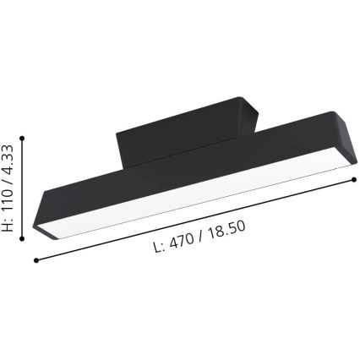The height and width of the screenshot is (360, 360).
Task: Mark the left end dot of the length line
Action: pos(35,257)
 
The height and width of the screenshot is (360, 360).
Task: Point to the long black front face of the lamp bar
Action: pos(186,182)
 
